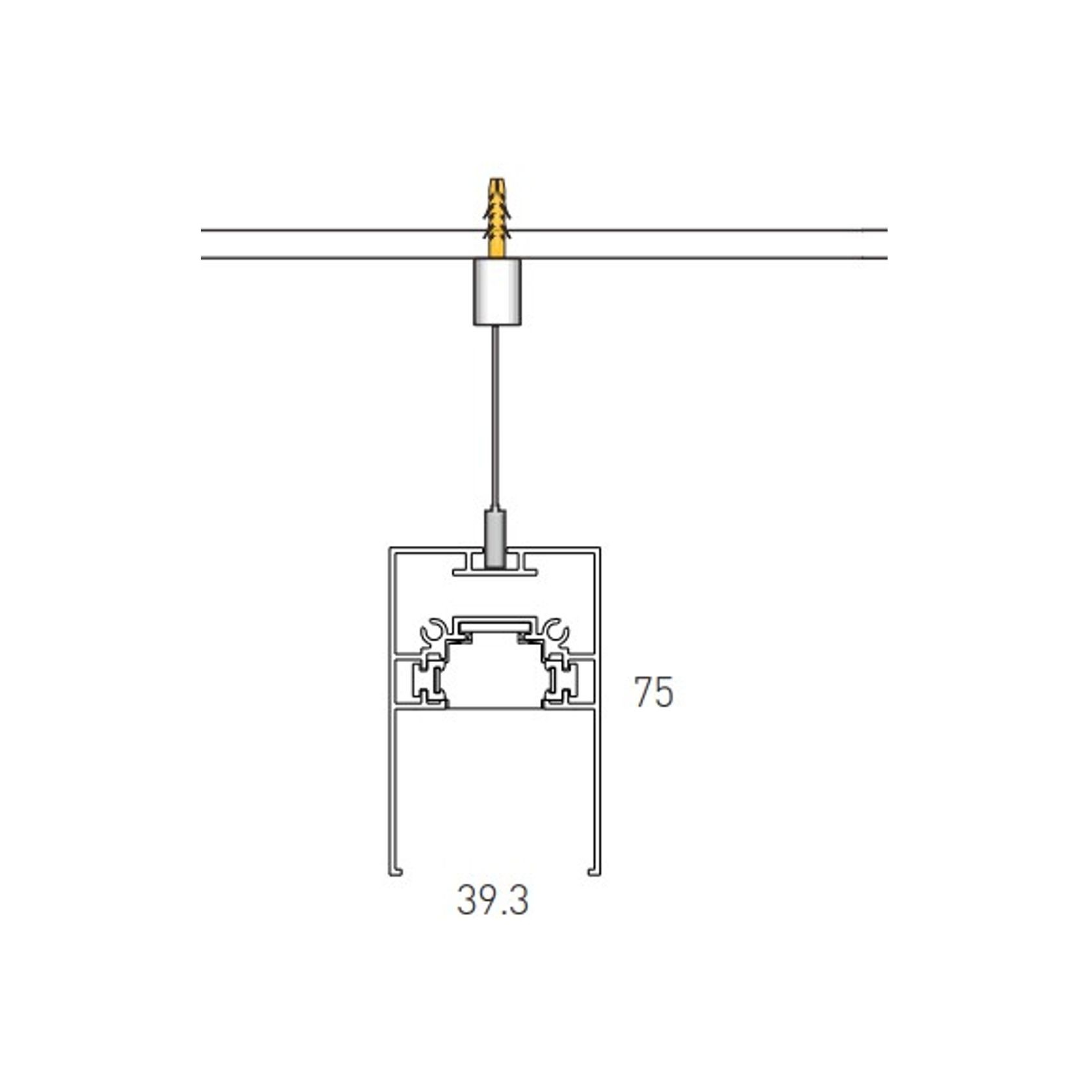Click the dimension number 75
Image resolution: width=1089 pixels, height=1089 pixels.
pyautogui.click(x=654, y=693)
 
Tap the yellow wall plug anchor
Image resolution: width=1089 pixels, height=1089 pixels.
pyautogui.click(x=496, y=218)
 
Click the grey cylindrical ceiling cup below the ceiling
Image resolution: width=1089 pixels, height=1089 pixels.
pyautogui.click(x=497, y=291)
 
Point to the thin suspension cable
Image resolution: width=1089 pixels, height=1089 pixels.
pyautogui.click(x=497, y=416)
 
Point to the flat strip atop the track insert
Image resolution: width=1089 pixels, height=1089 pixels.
pyautogui.click(x=495, y=623)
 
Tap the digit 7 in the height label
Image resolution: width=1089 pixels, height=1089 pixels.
pyautogui.click(x=643, y=693)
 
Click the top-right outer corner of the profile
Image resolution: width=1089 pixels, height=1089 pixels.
pyautogui.click(x=599, y=548)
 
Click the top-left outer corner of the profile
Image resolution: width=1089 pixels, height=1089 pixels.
pyautogui.click(x=390, y=548)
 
